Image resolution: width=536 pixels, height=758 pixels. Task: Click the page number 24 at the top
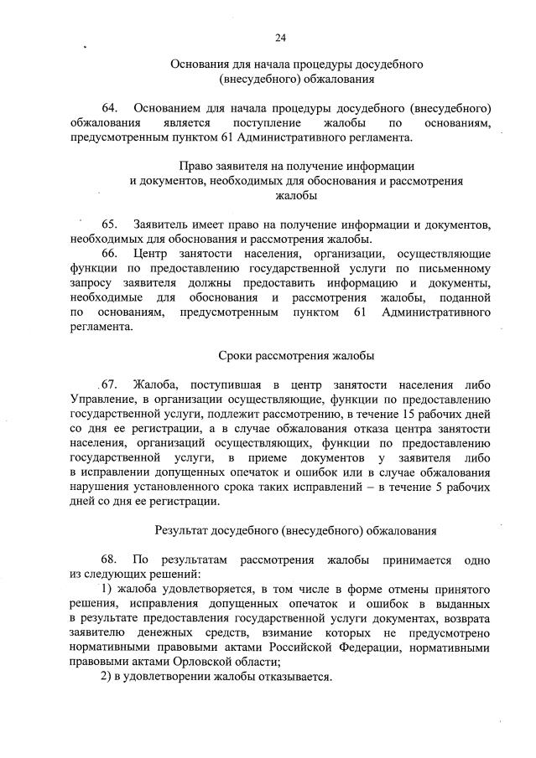280,38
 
